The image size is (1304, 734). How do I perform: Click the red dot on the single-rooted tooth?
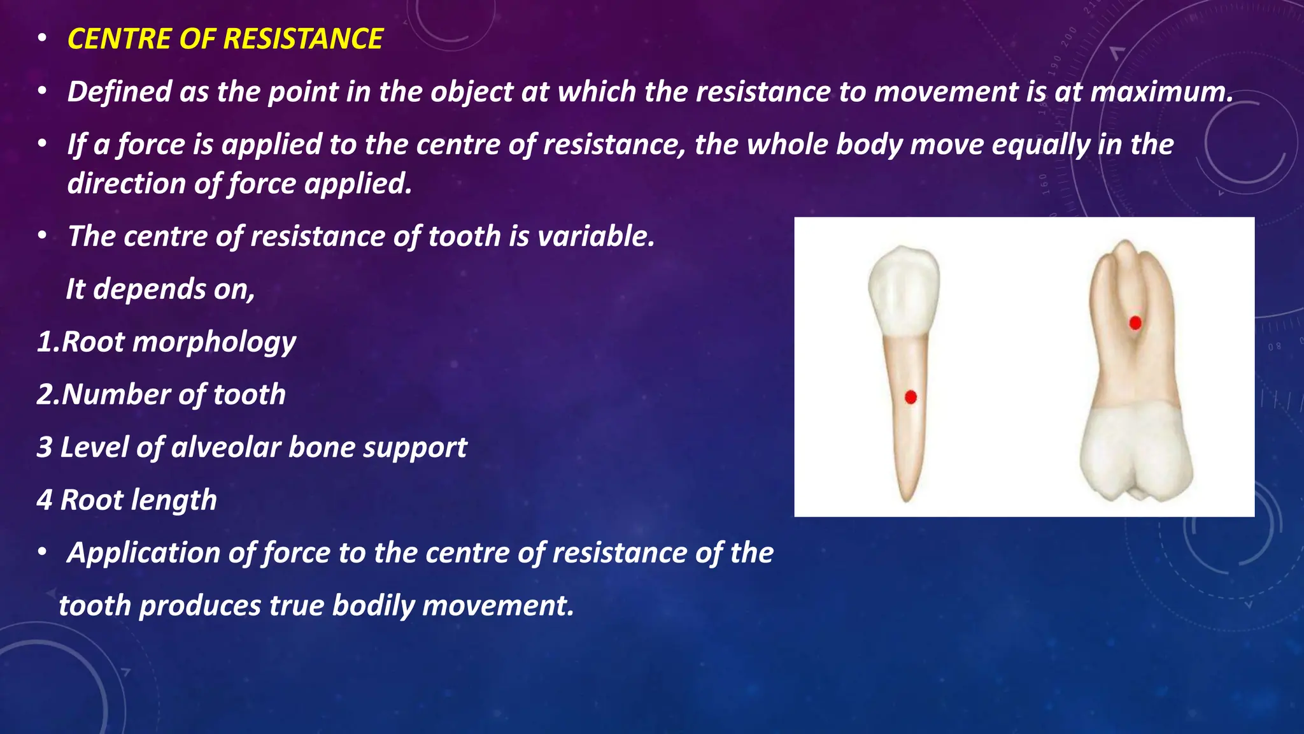pos(911,398)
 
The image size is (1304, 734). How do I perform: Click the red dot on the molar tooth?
pos(1135,323)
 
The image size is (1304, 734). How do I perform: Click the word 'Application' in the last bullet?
pos(143,553)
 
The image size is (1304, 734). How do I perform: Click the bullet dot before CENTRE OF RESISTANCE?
pos(42,40)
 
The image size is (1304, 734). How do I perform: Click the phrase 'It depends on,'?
pos(160,289)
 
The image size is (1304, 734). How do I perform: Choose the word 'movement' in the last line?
pos(498,606)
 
